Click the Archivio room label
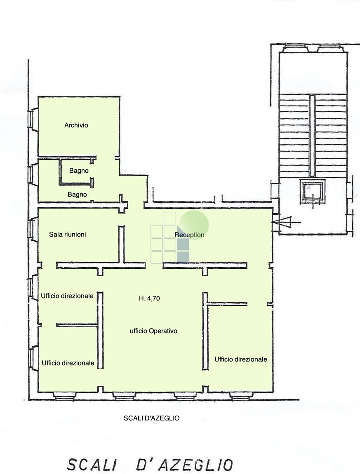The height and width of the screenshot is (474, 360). tap(76, 125)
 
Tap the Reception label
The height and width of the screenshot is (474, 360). tap(189, 235)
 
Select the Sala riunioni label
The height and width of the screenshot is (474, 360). tap(68, 234)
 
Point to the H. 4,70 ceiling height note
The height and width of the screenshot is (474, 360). tap(149, 299)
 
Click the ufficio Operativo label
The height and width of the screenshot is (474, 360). tap(153, 331)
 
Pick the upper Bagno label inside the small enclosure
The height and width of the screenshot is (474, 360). tap(79, 170)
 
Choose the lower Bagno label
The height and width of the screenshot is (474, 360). tap(77, 194)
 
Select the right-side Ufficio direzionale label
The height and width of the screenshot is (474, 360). tap(240, 359)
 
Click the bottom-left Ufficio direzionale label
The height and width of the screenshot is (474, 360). tap(68, 363)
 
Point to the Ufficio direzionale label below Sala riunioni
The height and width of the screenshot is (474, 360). tap(67, 296)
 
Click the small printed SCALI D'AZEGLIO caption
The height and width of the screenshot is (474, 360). tap(152, 418)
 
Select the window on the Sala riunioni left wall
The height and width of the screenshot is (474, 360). tap(31, 230)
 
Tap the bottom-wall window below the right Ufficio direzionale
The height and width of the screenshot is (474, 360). tap(241, 397)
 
